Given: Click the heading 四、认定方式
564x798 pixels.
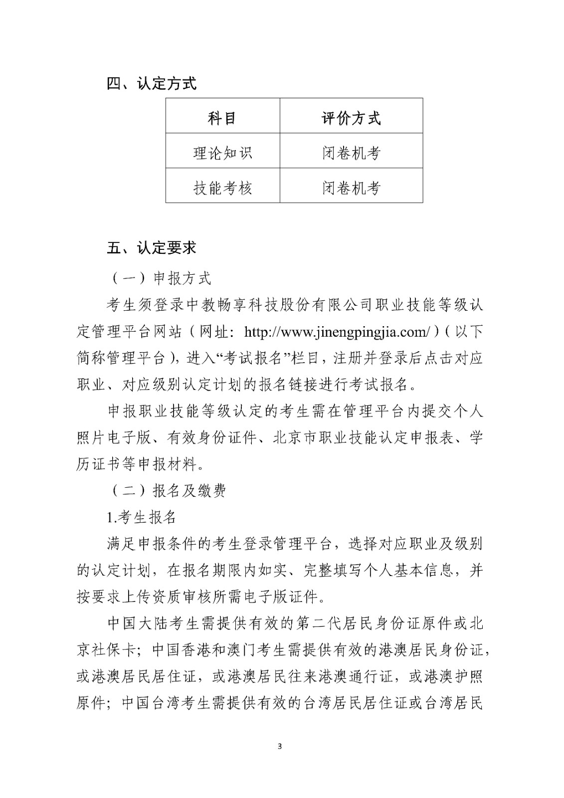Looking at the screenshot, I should coord(152,83).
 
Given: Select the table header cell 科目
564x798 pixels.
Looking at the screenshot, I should coord(222,118).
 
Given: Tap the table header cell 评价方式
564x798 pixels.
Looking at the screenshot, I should coord(351,118).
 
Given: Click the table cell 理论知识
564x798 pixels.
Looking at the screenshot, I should coord(222,153).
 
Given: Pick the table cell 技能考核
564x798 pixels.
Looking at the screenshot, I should coord(222,188).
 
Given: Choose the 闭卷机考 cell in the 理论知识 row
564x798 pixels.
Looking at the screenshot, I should coord(351,153).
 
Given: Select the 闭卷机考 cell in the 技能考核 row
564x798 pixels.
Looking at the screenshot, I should coord(351,188).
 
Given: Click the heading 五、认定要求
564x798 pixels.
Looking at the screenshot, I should coord(152,248).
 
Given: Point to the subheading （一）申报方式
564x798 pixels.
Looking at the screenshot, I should coord(160,278).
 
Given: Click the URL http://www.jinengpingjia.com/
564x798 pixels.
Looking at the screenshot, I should coord(338,332).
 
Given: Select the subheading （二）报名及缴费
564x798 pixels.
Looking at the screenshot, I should coord(167,491).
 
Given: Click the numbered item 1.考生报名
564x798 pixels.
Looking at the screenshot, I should coord(142,517).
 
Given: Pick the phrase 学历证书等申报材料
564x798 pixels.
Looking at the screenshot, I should coord(140,464).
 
